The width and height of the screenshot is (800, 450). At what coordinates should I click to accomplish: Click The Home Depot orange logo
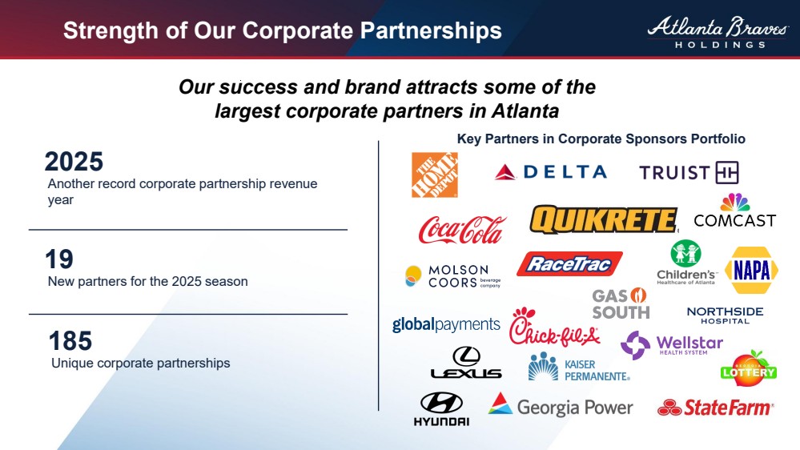pos(435,175)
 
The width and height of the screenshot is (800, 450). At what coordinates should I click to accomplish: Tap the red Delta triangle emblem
pos(505,172)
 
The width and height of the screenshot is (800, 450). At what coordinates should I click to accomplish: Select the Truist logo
pos(689,172)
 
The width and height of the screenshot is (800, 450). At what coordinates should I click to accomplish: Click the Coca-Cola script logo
pos(462,230)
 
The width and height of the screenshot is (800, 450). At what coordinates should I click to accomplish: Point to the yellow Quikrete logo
pos(604,219)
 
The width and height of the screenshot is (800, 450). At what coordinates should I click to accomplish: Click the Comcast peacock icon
pos(734,203)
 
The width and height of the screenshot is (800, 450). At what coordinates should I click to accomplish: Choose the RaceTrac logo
pos(569,263)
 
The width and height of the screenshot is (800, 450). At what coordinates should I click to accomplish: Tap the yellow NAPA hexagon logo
pos(751,271)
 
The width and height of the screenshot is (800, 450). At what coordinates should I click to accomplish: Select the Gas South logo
pos(621,303)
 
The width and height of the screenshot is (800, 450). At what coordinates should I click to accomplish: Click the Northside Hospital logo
pos(725,315)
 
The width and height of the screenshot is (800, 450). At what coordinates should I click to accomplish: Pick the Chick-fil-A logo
pos(555,327)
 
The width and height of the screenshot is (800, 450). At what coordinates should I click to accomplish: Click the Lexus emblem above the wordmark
pos(466,356)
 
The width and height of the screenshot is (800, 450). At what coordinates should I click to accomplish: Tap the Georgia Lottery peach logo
pos(749,368)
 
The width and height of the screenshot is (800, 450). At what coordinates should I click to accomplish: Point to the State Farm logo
pos(715,408)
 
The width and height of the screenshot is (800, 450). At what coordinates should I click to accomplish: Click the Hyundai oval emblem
pos(441,403)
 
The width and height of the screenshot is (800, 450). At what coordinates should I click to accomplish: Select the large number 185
pos(70,341)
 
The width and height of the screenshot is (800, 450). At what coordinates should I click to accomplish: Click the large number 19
pos(59,259)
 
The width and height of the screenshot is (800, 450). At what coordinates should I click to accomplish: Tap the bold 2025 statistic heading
pos(74,162)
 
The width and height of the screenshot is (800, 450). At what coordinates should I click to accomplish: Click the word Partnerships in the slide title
pos(431,30)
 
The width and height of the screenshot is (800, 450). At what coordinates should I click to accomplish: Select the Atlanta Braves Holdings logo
pos(718,32)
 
